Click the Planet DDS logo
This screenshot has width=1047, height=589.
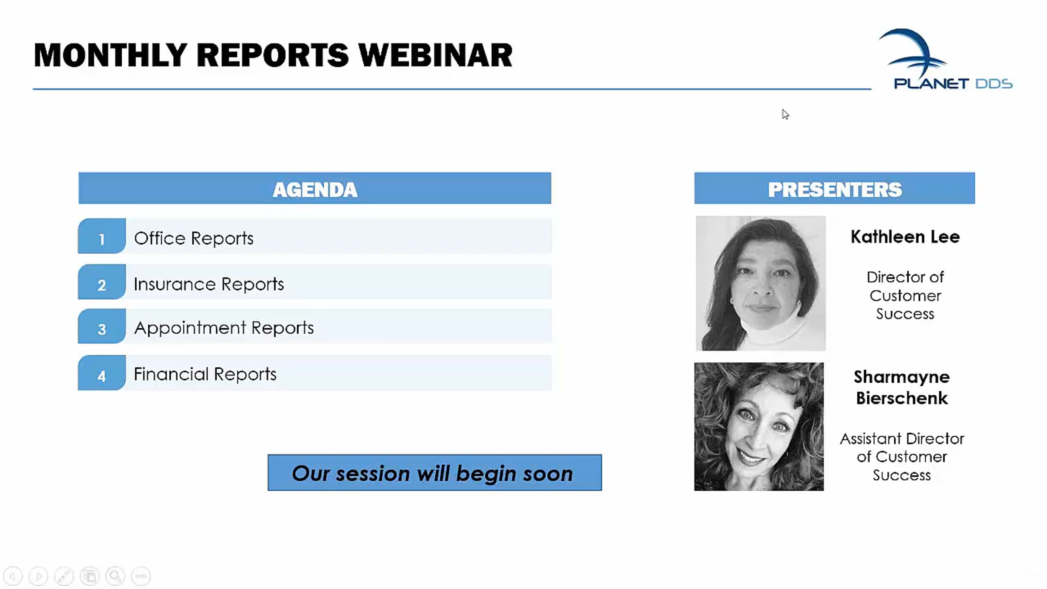(x=945, y=59)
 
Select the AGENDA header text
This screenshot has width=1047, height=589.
(x=315, y=189)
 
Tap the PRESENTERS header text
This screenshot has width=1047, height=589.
(x=835, y=189)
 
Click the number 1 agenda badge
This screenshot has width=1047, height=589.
(x=102, y=236)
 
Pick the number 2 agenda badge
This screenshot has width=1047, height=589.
(x=102, y=282)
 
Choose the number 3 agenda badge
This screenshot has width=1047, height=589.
(x=102, y=326)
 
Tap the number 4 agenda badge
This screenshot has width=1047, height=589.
(x=102, y=373)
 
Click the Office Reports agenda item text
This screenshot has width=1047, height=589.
(x=194, y=238)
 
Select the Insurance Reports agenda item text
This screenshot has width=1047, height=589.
(x=209, y=284)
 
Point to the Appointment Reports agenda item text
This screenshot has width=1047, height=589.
(x=224, y=328)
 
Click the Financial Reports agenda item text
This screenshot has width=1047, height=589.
(x=205, y=374)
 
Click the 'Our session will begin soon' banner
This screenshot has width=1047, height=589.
(x=435, y=473)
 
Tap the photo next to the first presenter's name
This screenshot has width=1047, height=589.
(x=760, y=283)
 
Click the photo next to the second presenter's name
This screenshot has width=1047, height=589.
(x=759, y=426)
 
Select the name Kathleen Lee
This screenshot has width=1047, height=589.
(x=905, y=237)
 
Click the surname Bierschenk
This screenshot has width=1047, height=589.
(x=902, y=398)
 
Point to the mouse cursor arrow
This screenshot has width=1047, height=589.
(x=785, y=114)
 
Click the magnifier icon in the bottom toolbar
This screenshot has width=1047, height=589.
(x=116, y=576)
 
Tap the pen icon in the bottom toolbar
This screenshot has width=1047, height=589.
(x=64, y=576)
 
